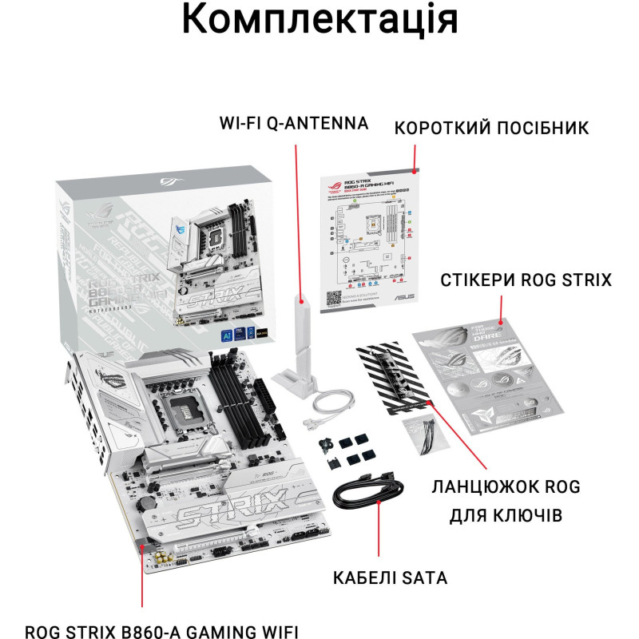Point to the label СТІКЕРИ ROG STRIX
point(526,280)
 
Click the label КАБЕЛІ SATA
point(391,577)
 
